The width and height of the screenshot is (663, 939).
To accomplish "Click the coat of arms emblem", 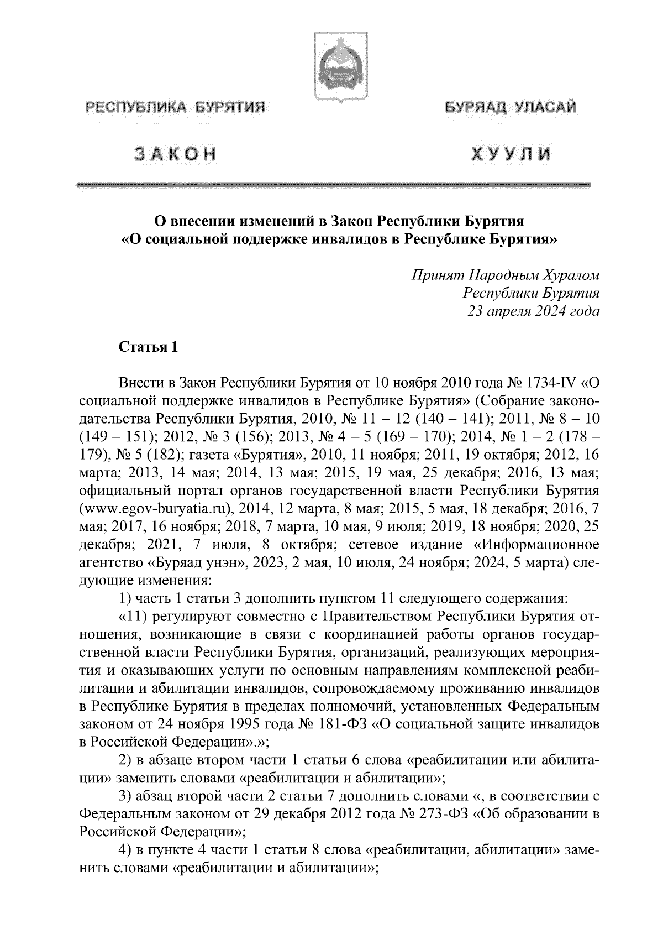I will (331, 66).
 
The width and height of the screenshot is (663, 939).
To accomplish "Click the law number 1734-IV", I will (552, 383).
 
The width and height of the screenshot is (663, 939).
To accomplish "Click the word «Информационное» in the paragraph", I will (537, 545).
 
